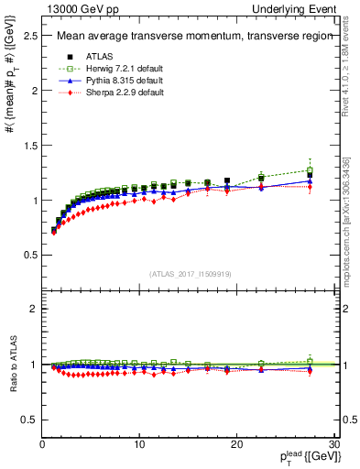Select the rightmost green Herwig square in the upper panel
coord(311,170)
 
